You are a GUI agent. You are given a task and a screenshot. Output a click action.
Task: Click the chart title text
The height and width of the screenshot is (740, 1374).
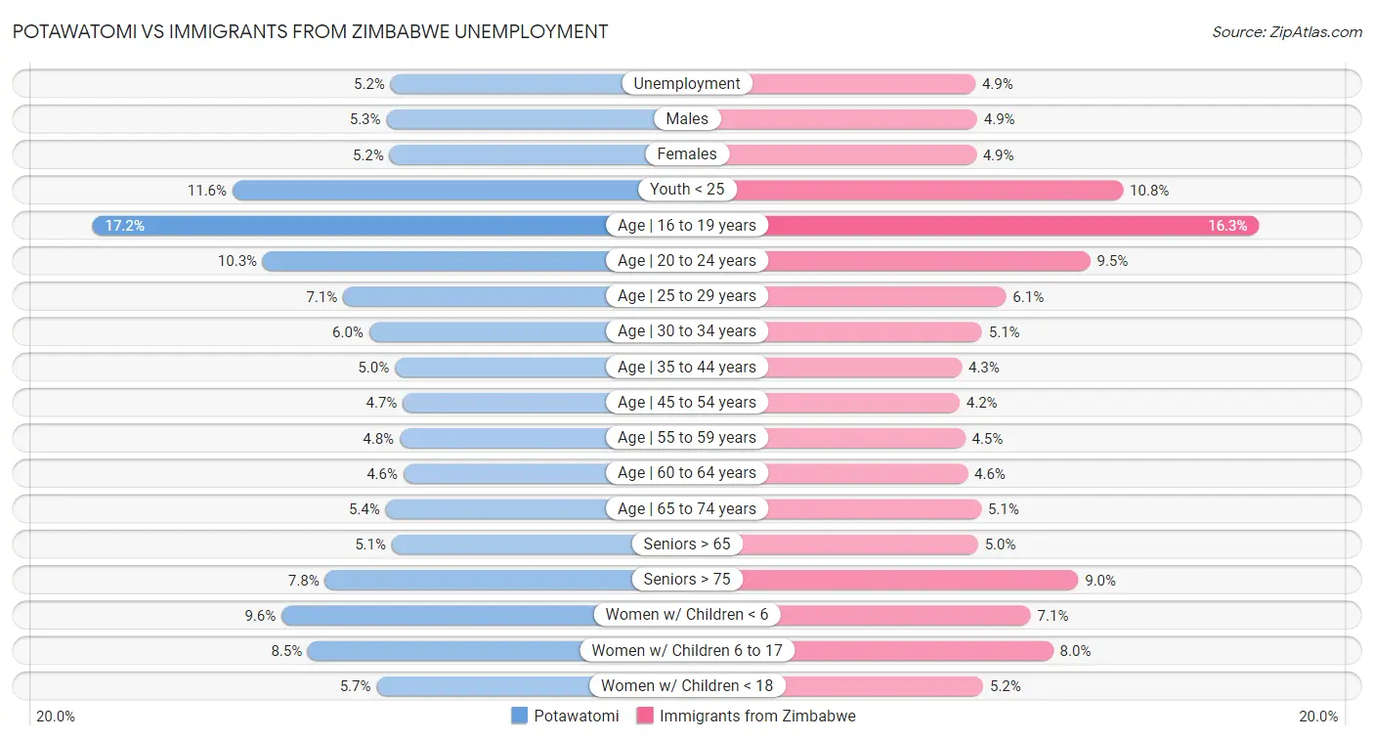pos(310,31)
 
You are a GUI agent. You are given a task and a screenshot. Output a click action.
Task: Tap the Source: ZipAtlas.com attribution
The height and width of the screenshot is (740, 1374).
pos(1286,32)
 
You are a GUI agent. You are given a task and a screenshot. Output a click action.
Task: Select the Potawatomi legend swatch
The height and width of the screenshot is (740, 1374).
pos(520,716)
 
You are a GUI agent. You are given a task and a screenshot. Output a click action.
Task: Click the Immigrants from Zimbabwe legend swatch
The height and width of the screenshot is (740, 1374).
pos(645,716)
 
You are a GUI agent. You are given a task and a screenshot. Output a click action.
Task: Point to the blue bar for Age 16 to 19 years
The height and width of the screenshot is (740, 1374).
pos(352,226)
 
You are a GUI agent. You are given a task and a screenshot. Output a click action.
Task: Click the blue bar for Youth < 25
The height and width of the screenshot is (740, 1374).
pos(435,190)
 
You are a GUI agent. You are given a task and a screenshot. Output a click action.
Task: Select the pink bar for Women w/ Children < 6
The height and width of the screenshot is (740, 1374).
pos(899,615)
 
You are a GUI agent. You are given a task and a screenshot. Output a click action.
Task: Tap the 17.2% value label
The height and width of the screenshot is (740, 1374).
pos(124,226)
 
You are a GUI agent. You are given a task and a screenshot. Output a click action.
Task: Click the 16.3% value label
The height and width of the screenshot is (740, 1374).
pos(1227,226)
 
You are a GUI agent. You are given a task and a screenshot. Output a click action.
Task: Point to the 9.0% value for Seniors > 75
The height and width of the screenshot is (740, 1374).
pos(1100,581)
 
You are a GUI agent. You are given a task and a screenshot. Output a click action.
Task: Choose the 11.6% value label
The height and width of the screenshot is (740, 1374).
pos(208,191)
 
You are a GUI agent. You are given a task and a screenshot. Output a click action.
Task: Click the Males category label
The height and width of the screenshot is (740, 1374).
pos(687,119)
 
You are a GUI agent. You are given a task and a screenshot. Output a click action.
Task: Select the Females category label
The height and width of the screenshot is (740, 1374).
pos(687,154)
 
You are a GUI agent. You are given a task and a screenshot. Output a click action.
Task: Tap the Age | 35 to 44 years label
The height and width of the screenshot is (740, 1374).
pos(687,368)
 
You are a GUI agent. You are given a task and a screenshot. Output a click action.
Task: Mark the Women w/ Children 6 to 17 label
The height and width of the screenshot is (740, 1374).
pos(687,651)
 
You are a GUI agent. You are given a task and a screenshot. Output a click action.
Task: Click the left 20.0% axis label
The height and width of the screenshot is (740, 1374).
pos(56,717)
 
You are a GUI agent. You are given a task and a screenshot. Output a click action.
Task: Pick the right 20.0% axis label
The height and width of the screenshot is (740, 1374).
pos(1318,717)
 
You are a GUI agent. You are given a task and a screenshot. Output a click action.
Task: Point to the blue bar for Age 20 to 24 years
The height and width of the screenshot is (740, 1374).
pos(435,261)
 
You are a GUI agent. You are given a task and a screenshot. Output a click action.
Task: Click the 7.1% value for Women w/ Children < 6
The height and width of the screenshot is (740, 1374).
pos(1053,616)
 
